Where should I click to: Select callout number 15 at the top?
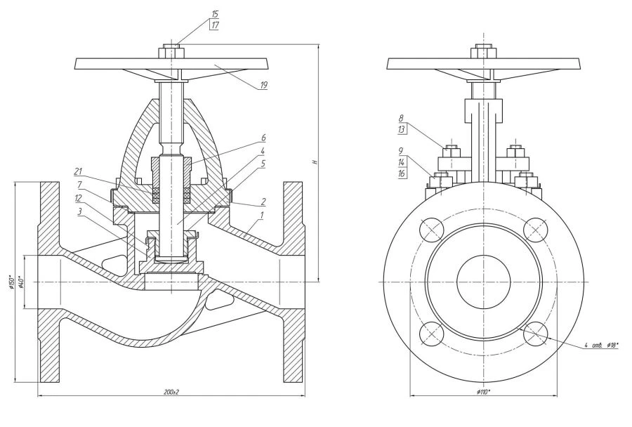click(x=214, y=13)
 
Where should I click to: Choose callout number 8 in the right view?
click(x=401, y=118)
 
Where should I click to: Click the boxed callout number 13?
click(x=401, y=129)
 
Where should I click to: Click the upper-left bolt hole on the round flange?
click(x=430, y=228)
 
